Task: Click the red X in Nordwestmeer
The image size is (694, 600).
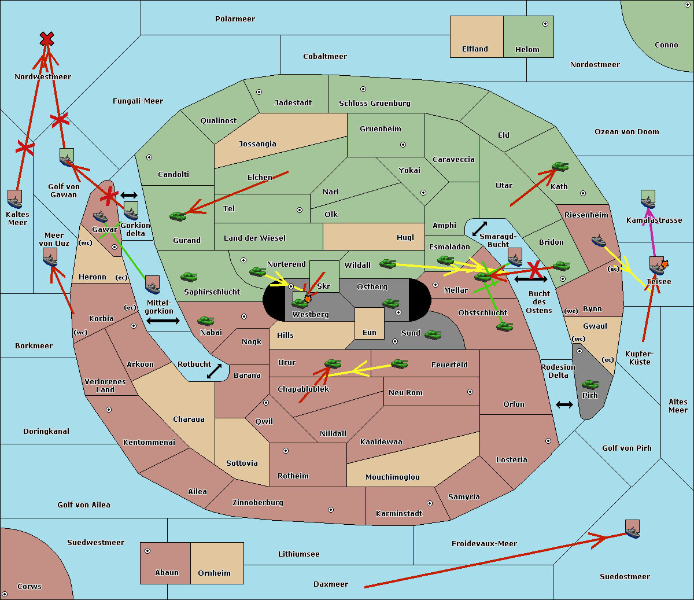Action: pyautogui.click(x=47, y=39)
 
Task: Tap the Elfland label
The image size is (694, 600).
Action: pyautogui.click(x=475, y=49)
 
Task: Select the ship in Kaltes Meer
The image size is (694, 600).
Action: pyautogui.click(x=14, y=199)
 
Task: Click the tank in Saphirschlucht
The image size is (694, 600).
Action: pyautogui.click(x=189, y=277)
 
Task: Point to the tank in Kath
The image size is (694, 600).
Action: pyautogui.click(x=559, y=167)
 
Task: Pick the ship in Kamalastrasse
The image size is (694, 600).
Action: pyautogui.click(x=648, y=199)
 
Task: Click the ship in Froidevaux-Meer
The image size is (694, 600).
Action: pyautogui.click(x=632, y=529)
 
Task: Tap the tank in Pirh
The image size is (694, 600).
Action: pyautogui.click(x=590, y=385)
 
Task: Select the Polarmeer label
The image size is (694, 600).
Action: pyautogui.click(x=235, y=19)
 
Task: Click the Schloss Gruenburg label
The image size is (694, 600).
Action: pyautogui.click(x=374, y=104)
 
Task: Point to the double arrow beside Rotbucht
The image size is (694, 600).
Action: pyautogui.click(x=214, y=371)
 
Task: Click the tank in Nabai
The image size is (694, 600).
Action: pyautogui.click(x=205, y=321)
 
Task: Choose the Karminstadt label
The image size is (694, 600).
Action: pyautogui.click(x=399, y=514)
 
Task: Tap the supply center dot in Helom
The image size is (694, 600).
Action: pyautogui.click(x=545, y=24)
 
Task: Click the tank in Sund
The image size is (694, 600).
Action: pyautogui.click(x=433, y=334)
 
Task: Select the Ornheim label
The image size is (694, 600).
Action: pyautogui.click(x=214, y=573)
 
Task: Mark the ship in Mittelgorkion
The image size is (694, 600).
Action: pyautogui.click(x=152, y=285)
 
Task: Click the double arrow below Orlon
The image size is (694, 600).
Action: pyautogui.click(x=564, y=404)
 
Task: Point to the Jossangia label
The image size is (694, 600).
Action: pyautogui.click(x=257, y=144)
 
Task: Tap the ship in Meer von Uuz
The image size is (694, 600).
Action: pyautogui.click(x=50, y=257)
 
